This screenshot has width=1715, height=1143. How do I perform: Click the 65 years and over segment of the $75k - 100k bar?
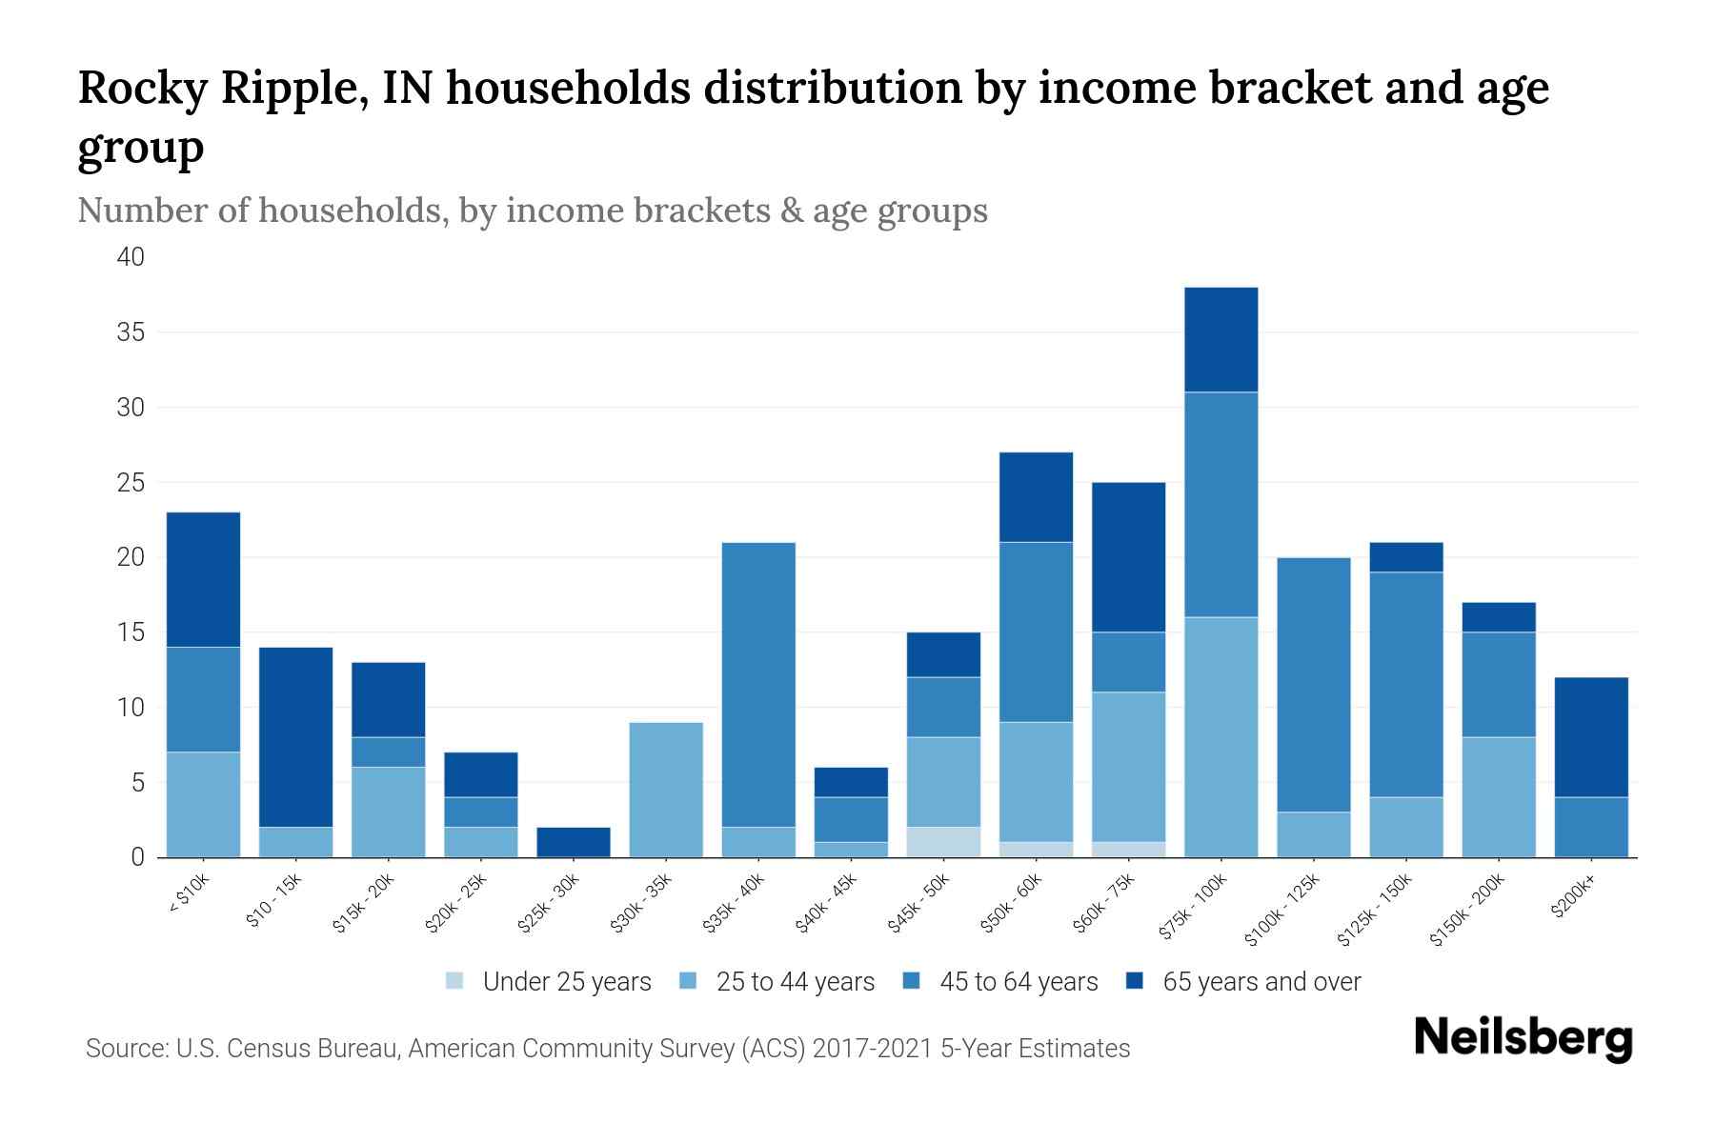pyautogui.click(x=1221, y=339)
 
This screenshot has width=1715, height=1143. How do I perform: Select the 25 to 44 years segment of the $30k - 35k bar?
pyautogui.click(x=666, y=790)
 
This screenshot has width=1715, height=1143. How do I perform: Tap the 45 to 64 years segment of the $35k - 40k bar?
pyautogui.click(x=758, y=684)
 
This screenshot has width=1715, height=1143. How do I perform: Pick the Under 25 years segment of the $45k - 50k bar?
pyautogui.click(x=943, y=842)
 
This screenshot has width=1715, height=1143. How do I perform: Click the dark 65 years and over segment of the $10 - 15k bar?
pyautogui.click(x=295, y=736)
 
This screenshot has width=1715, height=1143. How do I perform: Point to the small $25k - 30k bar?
pyautogui.click(x=574, y=842)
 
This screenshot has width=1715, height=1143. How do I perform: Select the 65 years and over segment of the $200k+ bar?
pyautogui.click(x=1591, y=736)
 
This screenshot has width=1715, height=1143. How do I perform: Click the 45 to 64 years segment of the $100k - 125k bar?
pyautogui.click(x=1314, y=684)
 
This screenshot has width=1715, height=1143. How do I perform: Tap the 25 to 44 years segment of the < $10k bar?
pyautogui.click(x=203, y=804)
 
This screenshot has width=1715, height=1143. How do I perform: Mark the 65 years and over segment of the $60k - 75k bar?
pyautogui.click(x=1128, y=556)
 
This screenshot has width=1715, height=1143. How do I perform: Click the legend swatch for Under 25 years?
pyautogui.click(x=455, y=981)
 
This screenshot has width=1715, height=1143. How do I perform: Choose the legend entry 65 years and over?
pyautogui.click(x=1261, y=981)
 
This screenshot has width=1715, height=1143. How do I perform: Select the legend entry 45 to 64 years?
pyautogui.click(x=1018, y=981)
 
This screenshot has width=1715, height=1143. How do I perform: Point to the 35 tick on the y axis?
pyautogui.click(x=131, y=332)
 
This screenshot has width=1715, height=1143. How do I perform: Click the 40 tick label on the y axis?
pyautogui.click(x=131, y=257)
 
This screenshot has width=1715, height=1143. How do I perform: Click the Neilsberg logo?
pyautogui.click(x=1523, y=1037)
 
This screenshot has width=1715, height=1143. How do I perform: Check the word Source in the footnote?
pyautogui.click(x=125, y=1049)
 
